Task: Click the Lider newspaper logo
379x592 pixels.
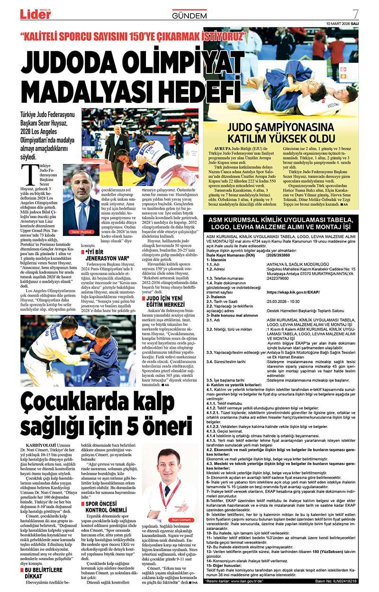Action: (35, 14)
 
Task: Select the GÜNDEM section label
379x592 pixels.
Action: (189, 16)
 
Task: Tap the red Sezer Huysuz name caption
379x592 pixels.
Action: (81, 232)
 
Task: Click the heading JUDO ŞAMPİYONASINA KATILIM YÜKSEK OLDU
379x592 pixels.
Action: (280, 133)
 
